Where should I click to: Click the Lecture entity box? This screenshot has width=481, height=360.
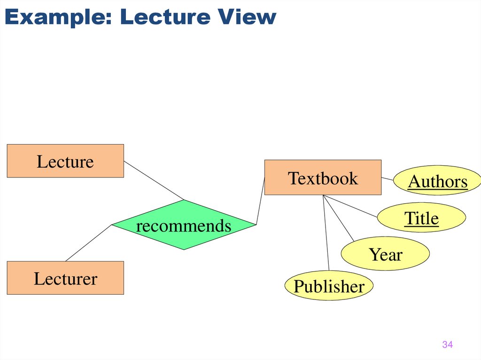[x=65, y=161]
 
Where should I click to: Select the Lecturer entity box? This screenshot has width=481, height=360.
[x=65, y=278]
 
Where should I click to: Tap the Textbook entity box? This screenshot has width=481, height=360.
[x=323, y=177]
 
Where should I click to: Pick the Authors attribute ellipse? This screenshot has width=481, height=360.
[x=437, y=181]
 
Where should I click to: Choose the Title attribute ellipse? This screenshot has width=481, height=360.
[x=421, y=218]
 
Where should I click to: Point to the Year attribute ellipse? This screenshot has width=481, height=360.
[x=385, y=254]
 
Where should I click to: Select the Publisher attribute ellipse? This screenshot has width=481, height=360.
[x=329, y=286]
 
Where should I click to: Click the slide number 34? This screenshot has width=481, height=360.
[x=447, y=345]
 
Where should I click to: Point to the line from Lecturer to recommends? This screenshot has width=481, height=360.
[x=89, y=243]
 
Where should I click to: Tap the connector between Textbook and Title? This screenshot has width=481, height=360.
[x=350, y=206]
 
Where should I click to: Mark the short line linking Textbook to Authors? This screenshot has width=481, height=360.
[x=387, y=179]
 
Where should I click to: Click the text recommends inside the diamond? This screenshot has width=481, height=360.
[x=184, y=226]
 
